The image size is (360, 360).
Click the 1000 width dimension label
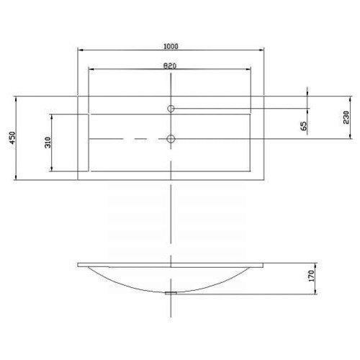click(x=171, y=46)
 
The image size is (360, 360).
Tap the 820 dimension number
click(x=170, y=66)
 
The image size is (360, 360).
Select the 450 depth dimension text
click(x=12, y=138)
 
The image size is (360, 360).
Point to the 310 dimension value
click(x=48, y=143)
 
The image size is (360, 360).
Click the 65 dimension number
click(x=303, y=126)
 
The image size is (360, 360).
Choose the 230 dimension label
click(x=346, y=117)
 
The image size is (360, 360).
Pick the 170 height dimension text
click(x=311, y=276)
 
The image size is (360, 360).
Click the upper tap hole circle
click(x=171, y=109)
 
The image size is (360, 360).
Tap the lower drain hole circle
click(x=171, y=139)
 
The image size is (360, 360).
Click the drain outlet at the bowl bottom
click(x=171, y=293)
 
